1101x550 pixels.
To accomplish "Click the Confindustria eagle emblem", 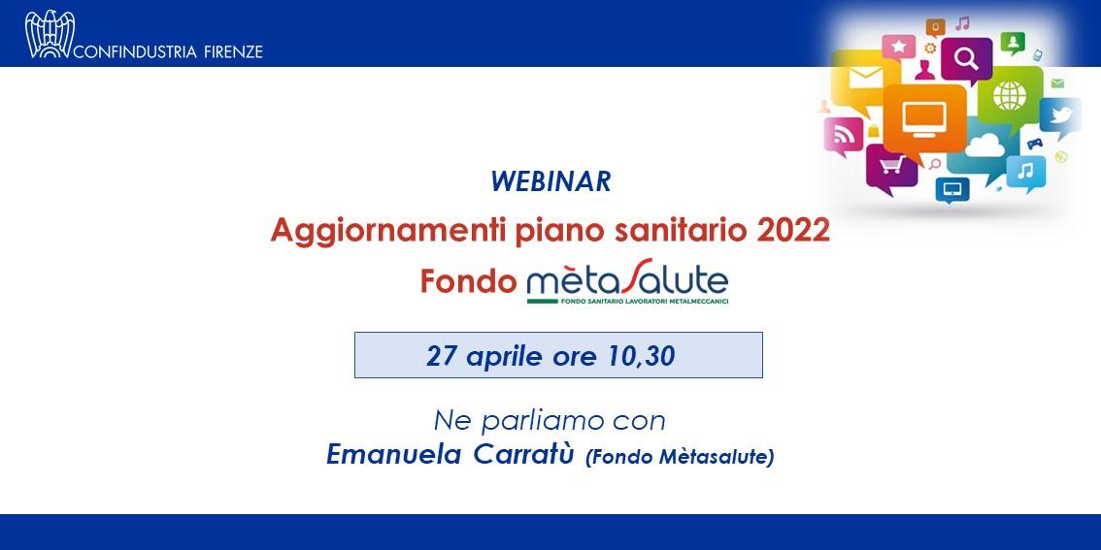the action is (50, 34).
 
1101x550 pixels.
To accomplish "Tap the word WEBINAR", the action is (550, 182).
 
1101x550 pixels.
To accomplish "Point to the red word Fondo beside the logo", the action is (468, 282).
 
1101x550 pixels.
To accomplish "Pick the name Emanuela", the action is (394, 455).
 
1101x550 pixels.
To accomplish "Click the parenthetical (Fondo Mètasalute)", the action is (679, 458).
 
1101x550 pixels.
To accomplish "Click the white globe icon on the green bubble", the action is (1009, 95).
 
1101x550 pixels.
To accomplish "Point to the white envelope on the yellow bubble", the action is (866, 78).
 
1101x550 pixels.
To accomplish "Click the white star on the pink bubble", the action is (899, 47).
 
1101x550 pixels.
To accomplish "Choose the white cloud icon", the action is (984, 146).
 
